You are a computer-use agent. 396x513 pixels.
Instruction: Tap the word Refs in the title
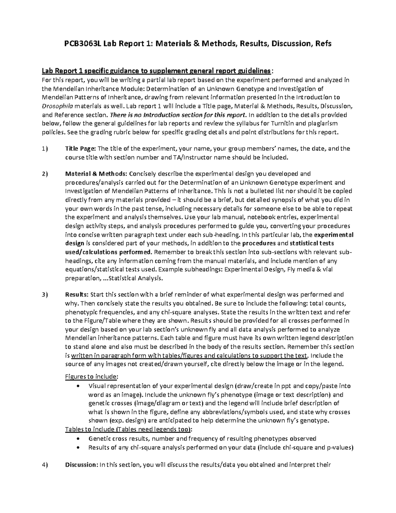point(322,43)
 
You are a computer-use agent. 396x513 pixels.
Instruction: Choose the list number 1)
point(45,149)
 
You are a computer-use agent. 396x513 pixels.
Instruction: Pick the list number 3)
point(45,295)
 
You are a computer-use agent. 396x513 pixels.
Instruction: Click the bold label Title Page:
point(81,149)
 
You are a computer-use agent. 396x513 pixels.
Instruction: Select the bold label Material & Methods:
point(95,174)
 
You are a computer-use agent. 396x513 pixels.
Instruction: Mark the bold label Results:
point(77,295)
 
